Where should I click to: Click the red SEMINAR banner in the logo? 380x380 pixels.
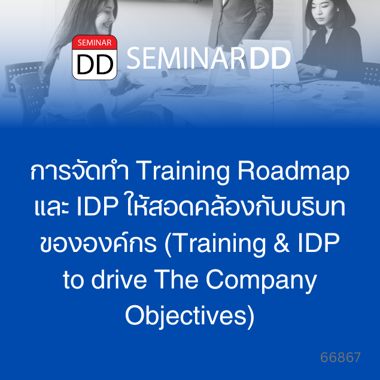pos(95,42)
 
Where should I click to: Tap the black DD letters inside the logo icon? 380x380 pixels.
pos(95,64)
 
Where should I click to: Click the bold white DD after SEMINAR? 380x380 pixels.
pos(270,58)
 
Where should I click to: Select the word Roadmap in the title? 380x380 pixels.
pos(293,171)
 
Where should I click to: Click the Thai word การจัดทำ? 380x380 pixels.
pos(80,171)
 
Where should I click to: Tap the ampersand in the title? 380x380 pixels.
pos(281,243)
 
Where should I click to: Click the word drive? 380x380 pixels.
pos(119,279)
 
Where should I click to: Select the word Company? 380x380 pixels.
pos(262,281)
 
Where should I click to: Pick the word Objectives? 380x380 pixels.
pos(186,316)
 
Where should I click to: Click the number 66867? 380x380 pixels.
pos(341,357)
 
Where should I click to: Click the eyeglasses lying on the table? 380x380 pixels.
pos(286,88)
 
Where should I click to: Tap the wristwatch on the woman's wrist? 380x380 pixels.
pos(322,69)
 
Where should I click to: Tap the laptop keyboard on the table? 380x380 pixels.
pos(193,90)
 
